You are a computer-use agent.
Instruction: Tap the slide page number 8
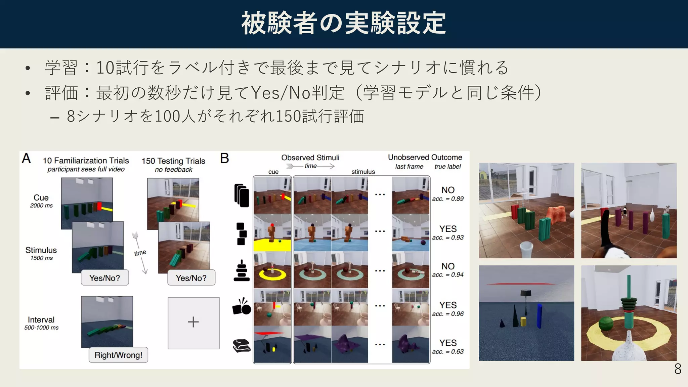[x=678, y=369]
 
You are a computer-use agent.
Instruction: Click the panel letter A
[x=26, y=158]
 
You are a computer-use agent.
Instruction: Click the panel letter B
[x=224, y=158]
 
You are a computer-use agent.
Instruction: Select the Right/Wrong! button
[x=118, y=355]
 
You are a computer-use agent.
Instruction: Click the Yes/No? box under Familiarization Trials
[x=104, y=278]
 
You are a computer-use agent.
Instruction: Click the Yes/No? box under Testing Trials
[x=191, y=278]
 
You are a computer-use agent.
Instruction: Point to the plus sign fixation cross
[x=193, y=322]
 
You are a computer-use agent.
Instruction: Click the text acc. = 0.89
[x=448, y=199]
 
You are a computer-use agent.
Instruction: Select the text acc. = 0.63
[x=448, y=352]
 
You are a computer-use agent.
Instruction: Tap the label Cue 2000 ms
[x=41, y=201]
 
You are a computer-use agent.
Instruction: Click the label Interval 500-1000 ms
[x=41, y=323]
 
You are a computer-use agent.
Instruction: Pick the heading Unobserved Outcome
[x=425, y=157]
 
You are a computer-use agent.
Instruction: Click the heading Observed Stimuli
[x=310, y=158]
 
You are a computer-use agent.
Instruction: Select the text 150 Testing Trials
[x=173, y=161]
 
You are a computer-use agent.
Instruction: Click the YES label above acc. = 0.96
[x=448, y=305]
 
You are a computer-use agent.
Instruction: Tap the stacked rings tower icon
[x=241, y=270]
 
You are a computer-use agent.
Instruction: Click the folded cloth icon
[x=242, y=345]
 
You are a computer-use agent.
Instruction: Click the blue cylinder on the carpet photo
[x=539, y=316]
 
